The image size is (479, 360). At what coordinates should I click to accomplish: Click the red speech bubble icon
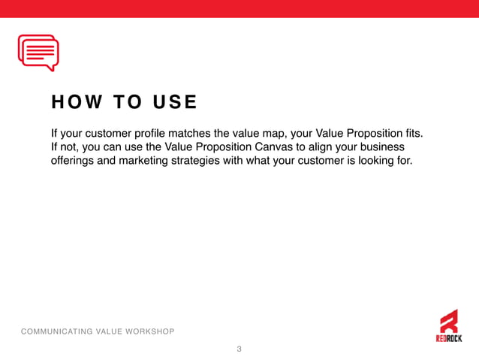[38, 53]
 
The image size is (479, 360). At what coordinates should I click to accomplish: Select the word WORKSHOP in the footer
[149, 331]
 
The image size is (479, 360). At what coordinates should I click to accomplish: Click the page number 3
[239, 349]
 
